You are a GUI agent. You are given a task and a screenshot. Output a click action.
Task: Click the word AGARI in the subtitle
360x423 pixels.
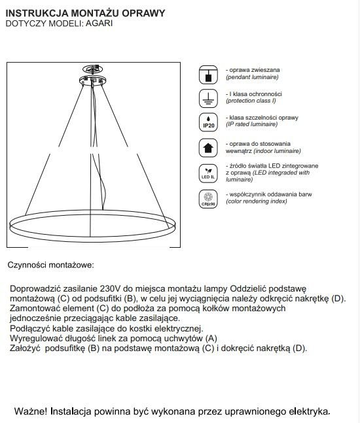pyautogui.click(x=99, y=24)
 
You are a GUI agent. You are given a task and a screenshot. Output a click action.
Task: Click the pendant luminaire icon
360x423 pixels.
pyautogui.click(x=208, y=75)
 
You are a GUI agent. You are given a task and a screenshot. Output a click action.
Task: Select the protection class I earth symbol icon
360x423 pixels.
pyautogui.click(x=208, y=98)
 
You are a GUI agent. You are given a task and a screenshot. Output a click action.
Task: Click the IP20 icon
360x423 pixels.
pyautogui.click(x=208, y=122)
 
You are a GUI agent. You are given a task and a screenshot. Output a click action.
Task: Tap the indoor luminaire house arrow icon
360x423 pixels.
pyautogui.click(x=208, y=148)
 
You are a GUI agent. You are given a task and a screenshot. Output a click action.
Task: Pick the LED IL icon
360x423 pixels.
pyautogui.click(x=208, y=173)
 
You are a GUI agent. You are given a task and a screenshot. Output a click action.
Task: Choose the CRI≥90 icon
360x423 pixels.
pyautogui.click(x=208, y=199)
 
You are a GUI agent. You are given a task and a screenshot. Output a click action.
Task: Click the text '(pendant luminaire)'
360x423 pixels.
pyautogui.click(x=252, y=77)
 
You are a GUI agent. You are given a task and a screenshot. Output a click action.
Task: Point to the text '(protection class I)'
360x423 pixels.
pyautogui.click(x=251, y=101)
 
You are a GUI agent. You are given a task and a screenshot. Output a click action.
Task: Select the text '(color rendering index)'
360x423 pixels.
pyautogui.click(x=257, y=201)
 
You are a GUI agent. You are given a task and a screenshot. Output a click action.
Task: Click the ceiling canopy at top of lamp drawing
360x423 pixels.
pyautogui.click(x=93, y=80)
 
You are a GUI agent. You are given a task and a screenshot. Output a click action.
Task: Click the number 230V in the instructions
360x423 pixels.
pyautogui.click(x=111, y=289)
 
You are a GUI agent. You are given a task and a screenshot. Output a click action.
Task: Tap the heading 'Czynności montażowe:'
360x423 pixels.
pyautogui.click(x=51, y=265)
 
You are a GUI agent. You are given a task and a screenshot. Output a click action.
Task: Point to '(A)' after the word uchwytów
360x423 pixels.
pyautogui.click(x=211, y=338)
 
